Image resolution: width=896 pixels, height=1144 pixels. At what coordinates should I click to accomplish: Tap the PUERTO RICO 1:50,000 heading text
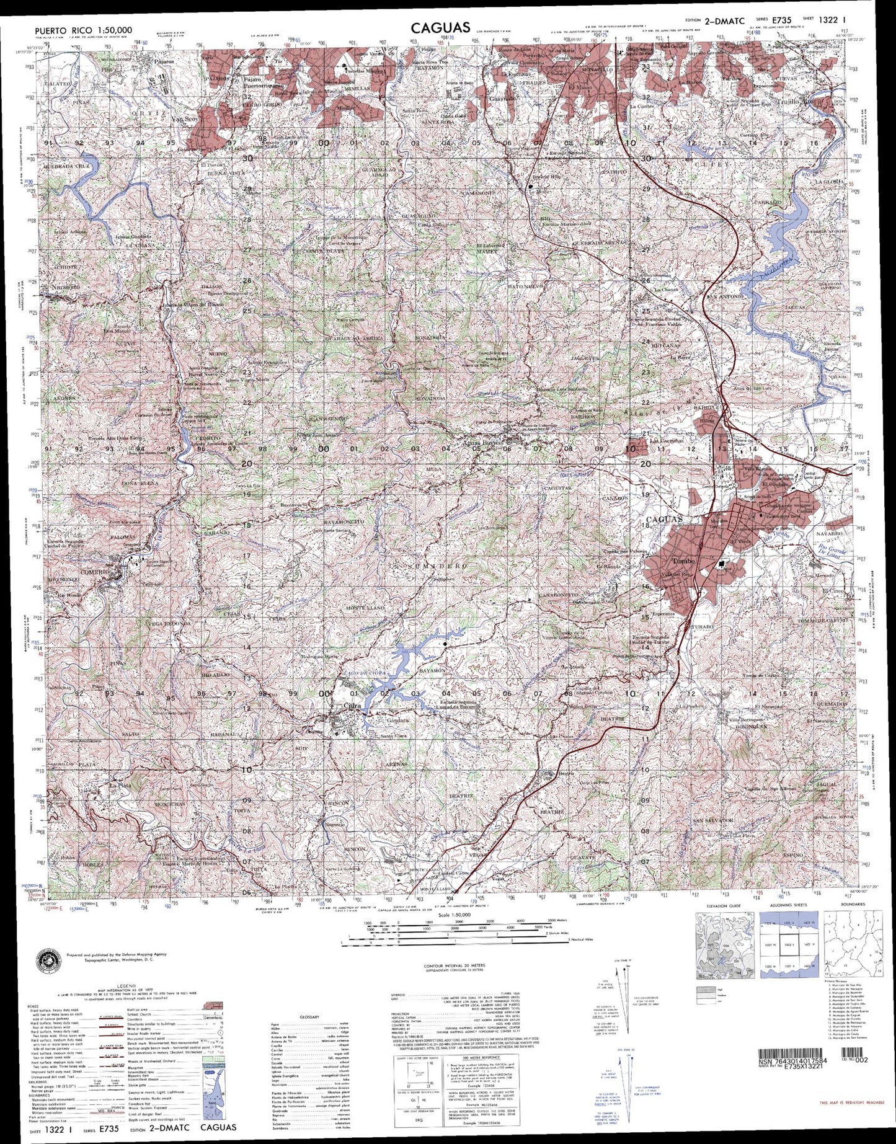point(84,30)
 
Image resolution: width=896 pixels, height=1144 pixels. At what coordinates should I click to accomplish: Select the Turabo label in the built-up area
point(683,561)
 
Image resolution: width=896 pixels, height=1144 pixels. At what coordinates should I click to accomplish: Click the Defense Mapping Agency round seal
point(50,957)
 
